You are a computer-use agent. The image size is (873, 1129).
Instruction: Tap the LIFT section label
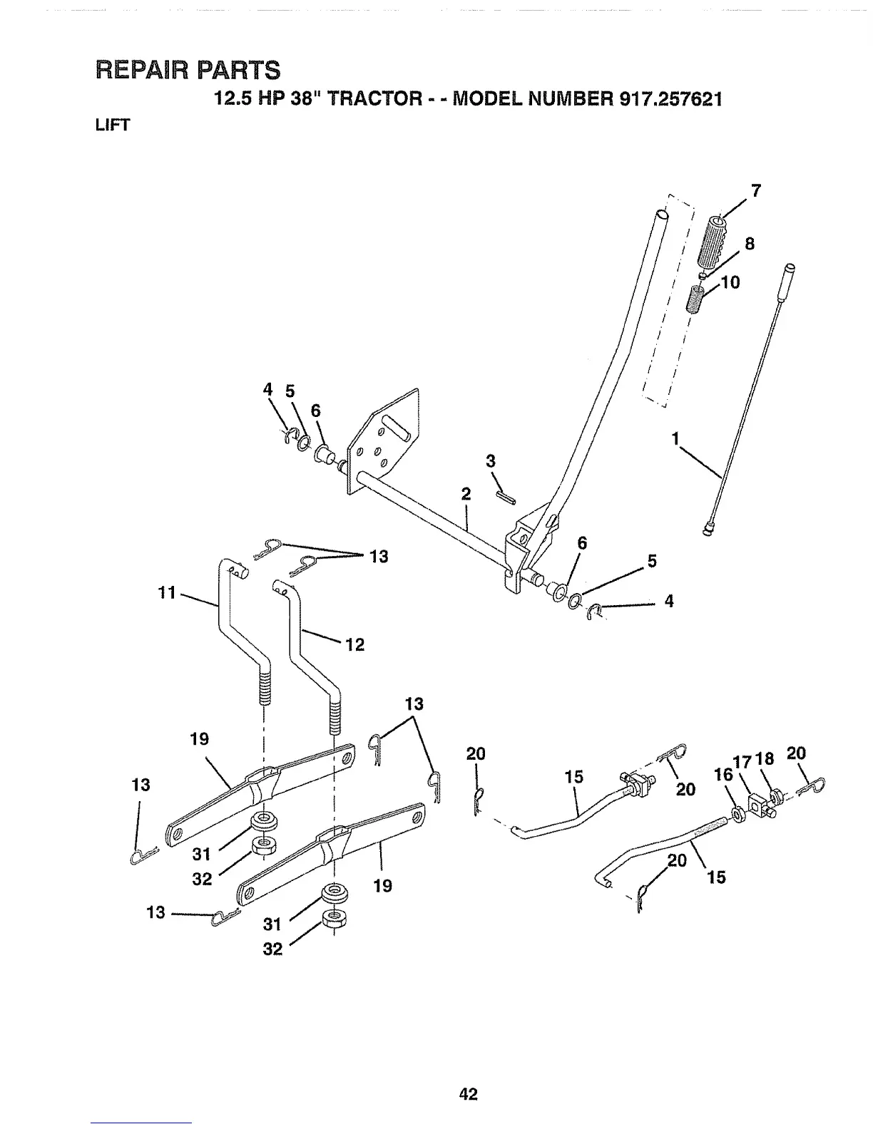[x=111, y=125]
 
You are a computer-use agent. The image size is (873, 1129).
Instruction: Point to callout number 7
[x=755, y=191]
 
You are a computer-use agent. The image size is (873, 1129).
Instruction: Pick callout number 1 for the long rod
[x=674, y=440]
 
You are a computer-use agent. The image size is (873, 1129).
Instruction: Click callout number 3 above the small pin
[x=491, y=461]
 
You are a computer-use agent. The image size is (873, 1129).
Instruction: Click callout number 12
[x=354, y=645]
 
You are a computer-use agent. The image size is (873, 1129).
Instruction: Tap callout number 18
[x=764, y=759]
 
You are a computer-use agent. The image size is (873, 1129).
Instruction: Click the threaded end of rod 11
[x=265, y=688]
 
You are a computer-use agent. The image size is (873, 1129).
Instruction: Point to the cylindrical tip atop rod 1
[x=790, y=274]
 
